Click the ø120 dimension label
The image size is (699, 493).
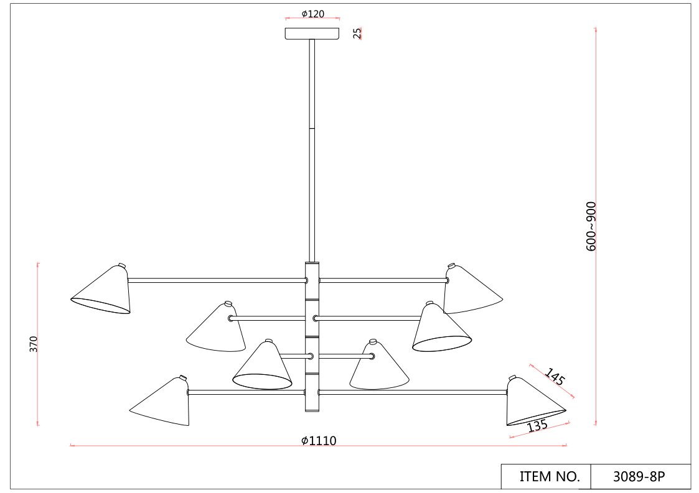click(312, 14)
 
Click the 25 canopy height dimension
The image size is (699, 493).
click(357, 33)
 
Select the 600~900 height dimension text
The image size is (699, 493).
click(591, 226)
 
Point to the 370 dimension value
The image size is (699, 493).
click(34, 344)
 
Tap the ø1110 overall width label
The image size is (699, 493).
click(319, 440)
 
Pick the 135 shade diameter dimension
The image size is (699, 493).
click(537, 426)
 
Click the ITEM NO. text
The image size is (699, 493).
click(549, 476)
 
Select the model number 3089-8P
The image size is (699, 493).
click(639, 476)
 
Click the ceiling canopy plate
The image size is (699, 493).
click(312, 34)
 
